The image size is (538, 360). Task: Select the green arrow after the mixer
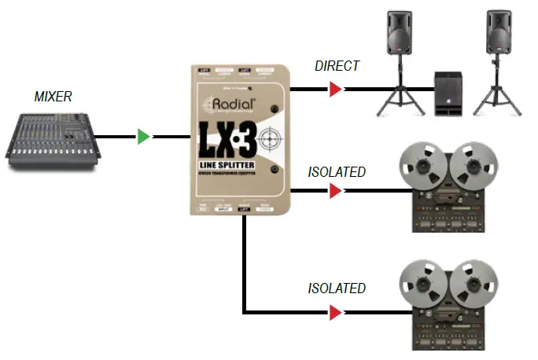[142, 137]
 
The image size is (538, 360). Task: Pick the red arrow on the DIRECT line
[335, 90]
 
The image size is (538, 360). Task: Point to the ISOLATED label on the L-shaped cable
[337, 288]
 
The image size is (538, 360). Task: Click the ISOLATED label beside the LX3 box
[337, 171]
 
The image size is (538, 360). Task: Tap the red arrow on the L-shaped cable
[335, 313]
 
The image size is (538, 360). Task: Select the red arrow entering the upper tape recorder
[335, 190]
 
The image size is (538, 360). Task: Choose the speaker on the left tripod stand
[399, 34]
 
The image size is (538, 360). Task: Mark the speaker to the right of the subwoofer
[499, 34]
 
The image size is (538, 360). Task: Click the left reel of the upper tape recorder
[423, 164]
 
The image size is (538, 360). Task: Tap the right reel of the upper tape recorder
[474, 164]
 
